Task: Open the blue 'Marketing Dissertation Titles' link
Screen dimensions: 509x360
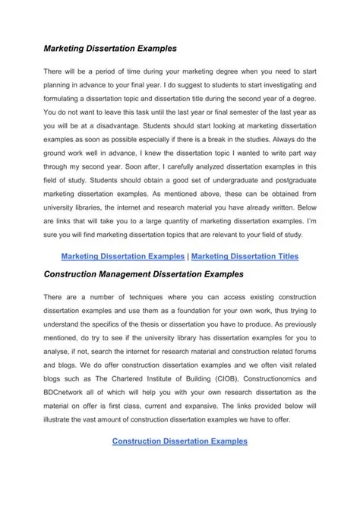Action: tap(245, 256)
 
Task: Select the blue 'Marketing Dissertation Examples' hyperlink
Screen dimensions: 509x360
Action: tap(122, 256)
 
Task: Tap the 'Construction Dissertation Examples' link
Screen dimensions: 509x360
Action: tap(179, 441)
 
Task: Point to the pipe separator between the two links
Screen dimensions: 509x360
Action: tap(188, 256)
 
